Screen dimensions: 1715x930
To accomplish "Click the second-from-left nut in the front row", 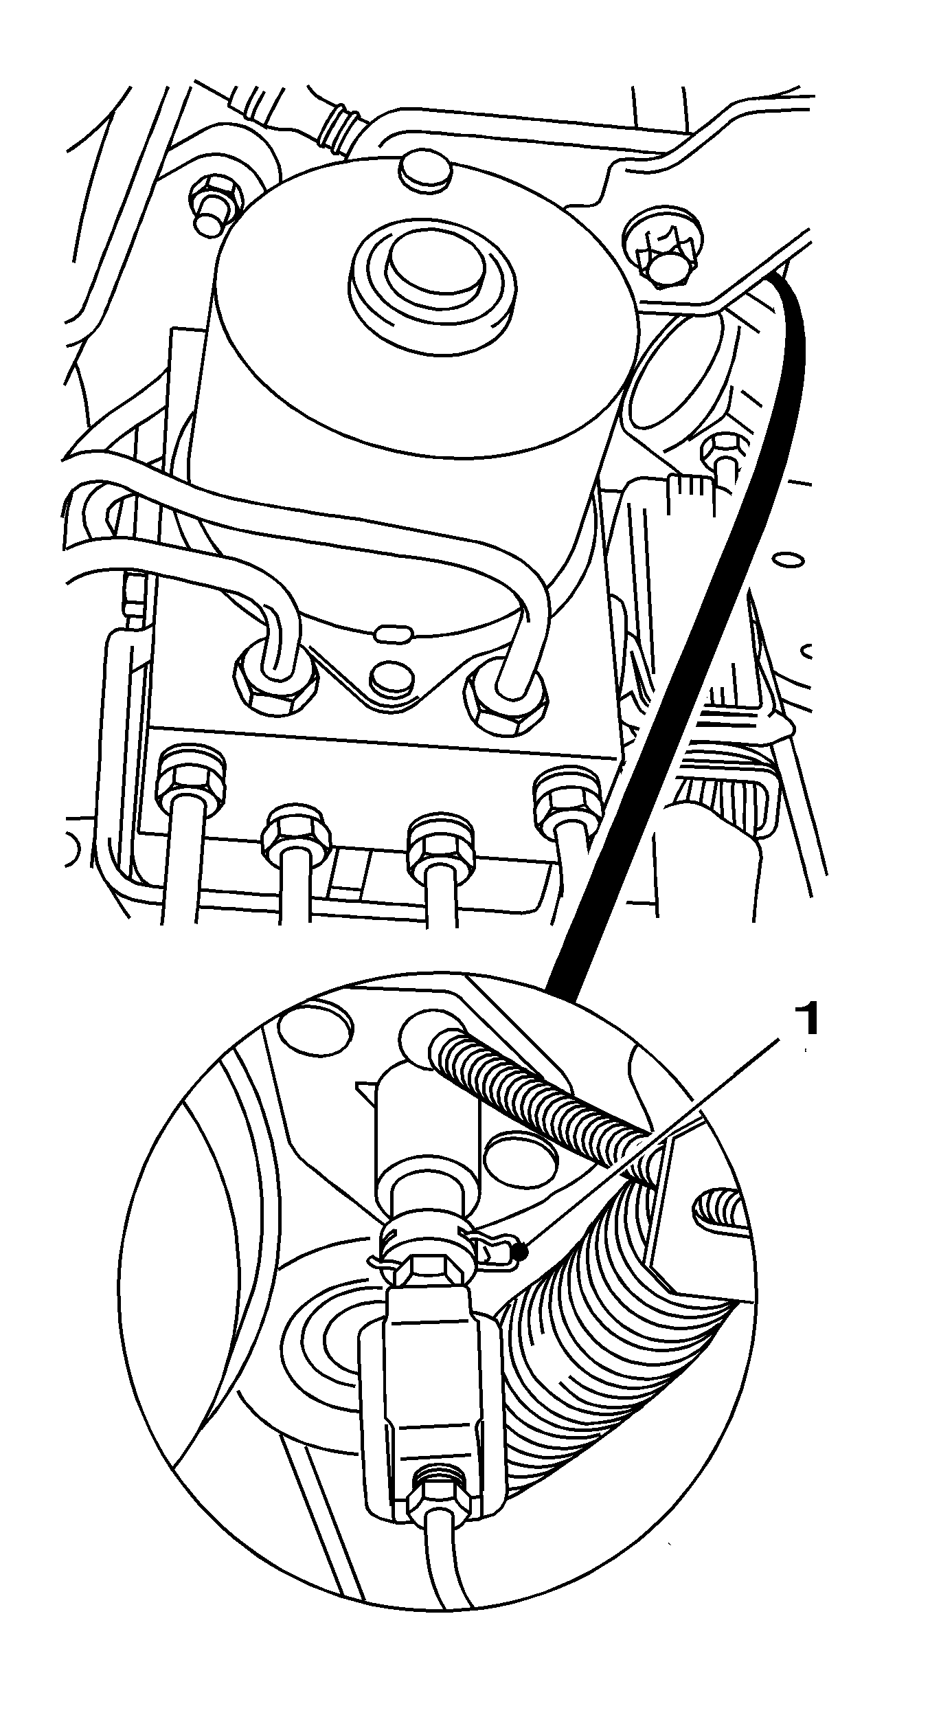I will pyautogui.click(x=297, y=831).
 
